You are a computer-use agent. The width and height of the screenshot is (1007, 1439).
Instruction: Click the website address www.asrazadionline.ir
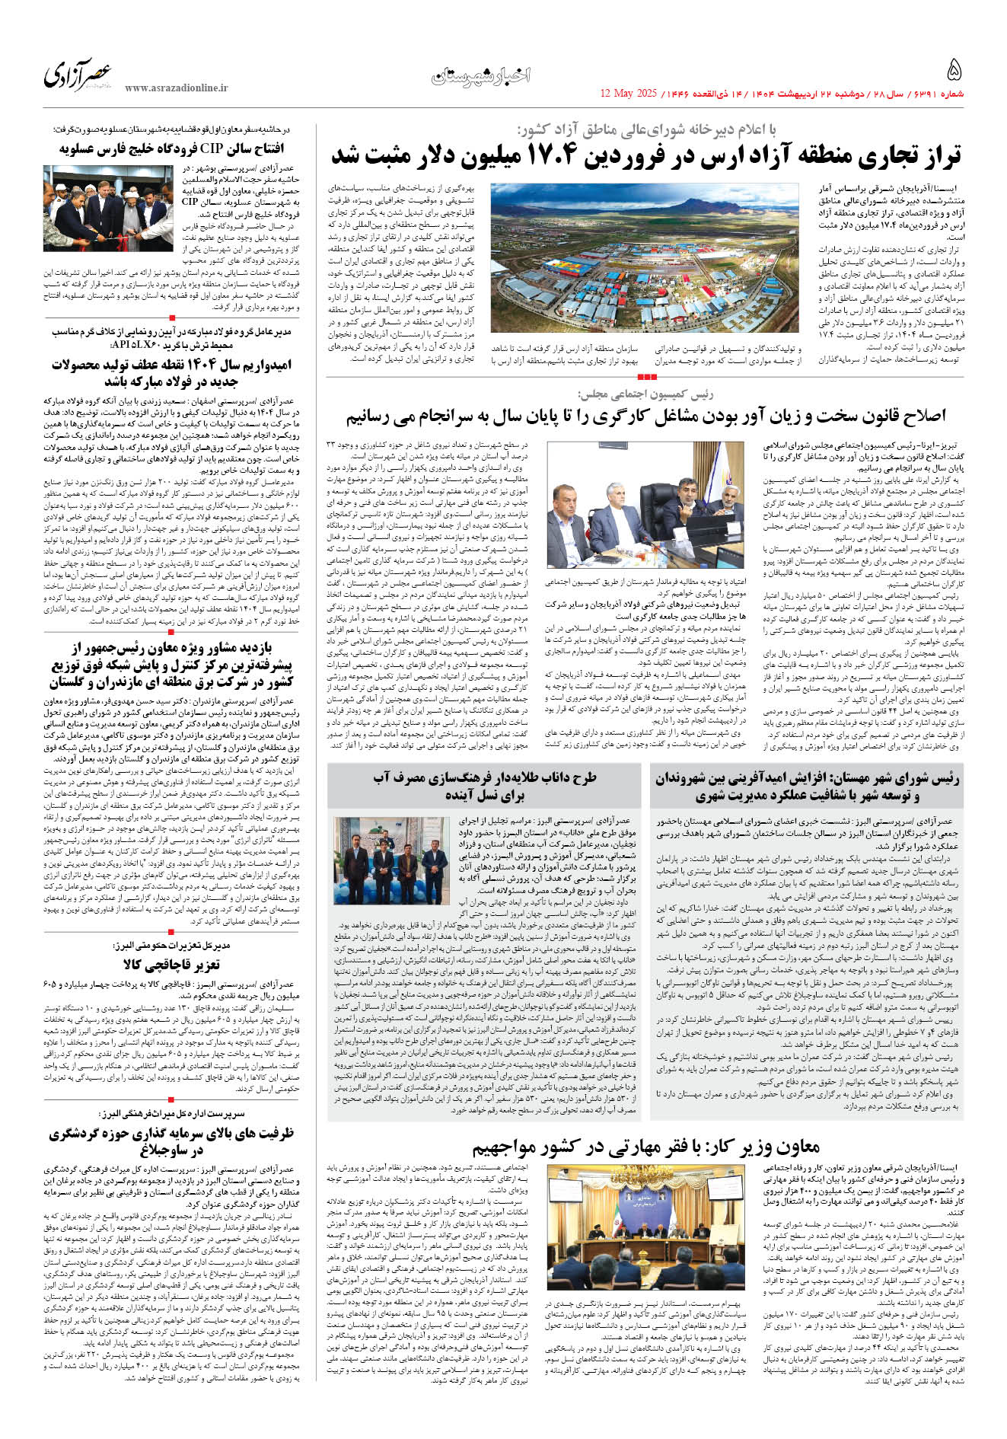coord(177,88)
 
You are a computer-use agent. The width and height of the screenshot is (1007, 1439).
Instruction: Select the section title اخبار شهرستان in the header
coord(481,75)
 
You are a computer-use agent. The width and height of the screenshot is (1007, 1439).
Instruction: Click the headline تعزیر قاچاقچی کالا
coord(172,965)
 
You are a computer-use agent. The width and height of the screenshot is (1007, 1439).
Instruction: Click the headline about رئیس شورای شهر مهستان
coord(807,787)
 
